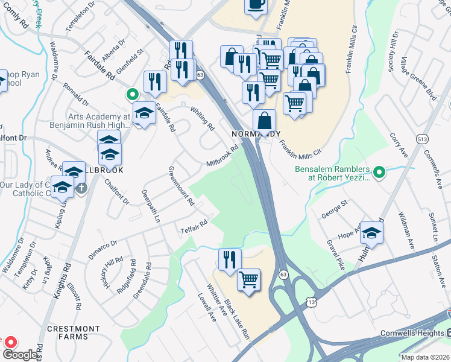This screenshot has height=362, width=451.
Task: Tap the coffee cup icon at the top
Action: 255,5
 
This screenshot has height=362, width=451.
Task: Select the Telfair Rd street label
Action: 194,227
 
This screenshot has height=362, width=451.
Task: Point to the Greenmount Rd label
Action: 181,185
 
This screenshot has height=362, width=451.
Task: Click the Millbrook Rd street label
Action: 222,156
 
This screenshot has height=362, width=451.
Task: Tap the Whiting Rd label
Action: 202,119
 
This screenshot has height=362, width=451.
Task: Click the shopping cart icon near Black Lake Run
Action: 248,280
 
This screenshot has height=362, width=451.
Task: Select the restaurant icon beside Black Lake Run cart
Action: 230,261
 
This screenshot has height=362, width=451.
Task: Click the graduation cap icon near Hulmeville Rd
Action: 372,235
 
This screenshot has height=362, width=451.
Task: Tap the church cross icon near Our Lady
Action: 82,188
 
